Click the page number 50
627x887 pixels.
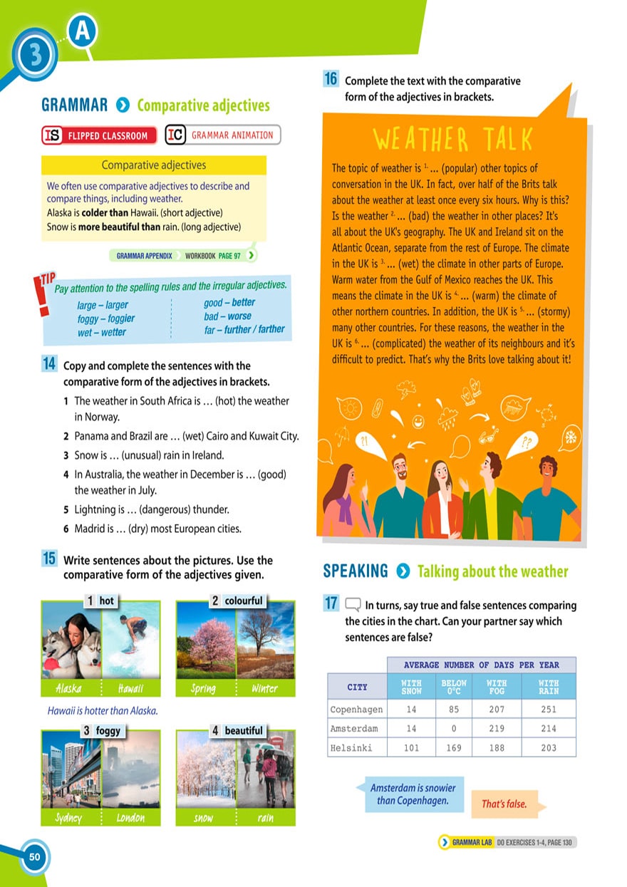pyautogui.click(x=34, y=856)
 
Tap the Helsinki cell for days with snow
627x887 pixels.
pyautogui.click(x=411, y=748)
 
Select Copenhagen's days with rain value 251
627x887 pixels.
pyautogui.click(x=549, y=709)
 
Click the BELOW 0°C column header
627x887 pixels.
pyautogui.click(x=454, y=687)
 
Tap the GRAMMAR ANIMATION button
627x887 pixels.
pyautogui.click(x=223, y=135)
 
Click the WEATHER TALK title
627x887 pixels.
pyautogui.click(x=451, y=140)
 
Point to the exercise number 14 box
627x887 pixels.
pyautogui.click(x=49, y=365)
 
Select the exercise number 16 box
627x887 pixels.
pyautogui.click(x=331, y=80)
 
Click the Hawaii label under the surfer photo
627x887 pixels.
pyautogui.click(x=131, y=688)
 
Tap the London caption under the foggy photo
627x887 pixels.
pyautogui.click(x=130, y=818)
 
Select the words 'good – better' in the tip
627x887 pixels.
pyautogui.click(x=229, y=303)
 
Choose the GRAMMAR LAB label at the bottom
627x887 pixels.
pyautogui.click(x=471, y=842)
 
